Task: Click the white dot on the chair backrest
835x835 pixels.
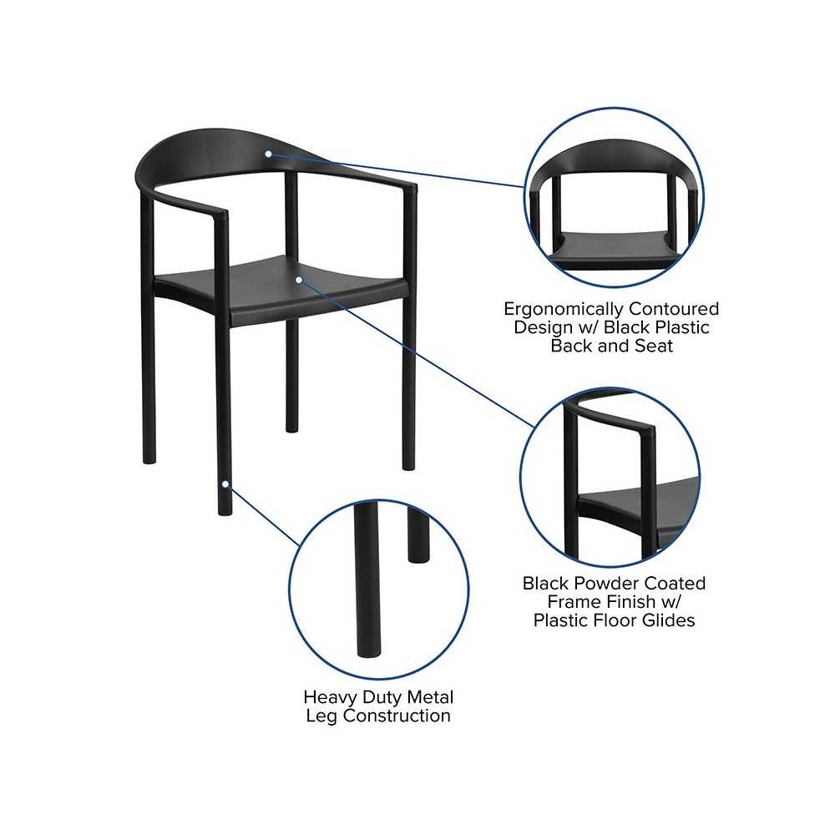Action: coord(269,154)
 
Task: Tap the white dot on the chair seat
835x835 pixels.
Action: coord(299,280)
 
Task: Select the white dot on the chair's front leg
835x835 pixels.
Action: coord(225,484)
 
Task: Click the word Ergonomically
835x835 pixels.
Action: coord(564,310)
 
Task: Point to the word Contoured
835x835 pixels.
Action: coord(674,309)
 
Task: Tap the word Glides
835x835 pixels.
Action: coord(668,620)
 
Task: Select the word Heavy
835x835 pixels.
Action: coord(327,698)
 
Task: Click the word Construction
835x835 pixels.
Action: coord(397,716)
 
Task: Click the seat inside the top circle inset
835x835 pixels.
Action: coord(613,249)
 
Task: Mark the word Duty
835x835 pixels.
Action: coord(377,698)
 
